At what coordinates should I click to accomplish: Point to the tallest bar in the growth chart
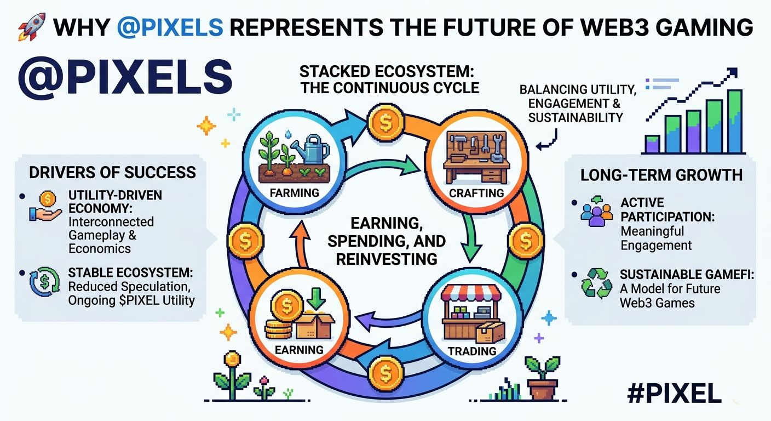[734, 121]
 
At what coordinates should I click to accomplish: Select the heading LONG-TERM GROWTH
[661, 175]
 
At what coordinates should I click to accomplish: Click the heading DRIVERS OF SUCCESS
[112, 172]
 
